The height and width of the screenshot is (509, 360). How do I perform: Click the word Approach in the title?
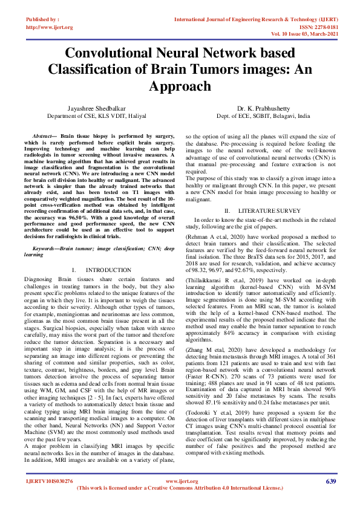click(180, 86)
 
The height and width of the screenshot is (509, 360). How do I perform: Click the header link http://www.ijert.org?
click(50, 27)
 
